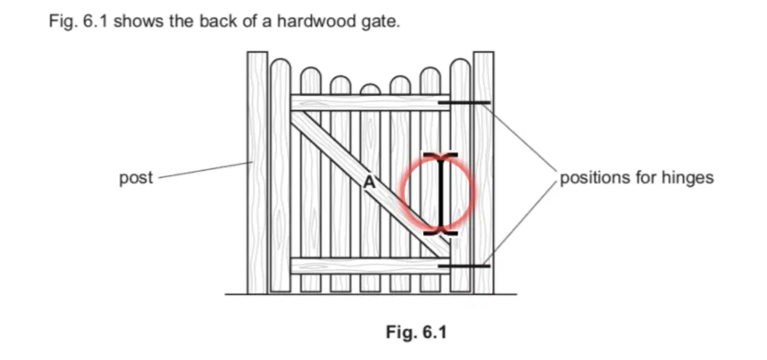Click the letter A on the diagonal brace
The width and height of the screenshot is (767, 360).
(370, 182)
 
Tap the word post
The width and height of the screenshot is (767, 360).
(136, 178)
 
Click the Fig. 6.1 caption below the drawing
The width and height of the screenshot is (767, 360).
(416, 332)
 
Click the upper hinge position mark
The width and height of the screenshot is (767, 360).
(465, 103)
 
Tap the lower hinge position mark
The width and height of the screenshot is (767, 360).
(465, 266)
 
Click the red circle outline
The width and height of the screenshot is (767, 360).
(402, 193)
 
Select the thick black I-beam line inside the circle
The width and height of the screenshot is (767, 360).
(441, 194)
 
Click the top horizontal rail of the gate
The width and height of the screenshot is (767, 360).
(370, 103)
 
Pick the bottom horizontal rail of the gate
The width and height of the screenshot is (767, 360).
(370, 266)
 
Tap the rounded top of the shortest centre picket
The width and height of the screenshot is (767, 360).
(370, 89)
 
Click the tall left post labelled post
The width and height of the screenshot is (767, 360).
(258, 173)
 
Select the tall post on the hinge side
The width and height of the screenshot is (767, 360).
(484, 173)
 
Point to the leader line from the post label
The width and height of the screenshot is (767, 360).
(205, 170)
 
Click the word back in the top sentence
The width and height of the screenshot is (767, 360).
(218, 21)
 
